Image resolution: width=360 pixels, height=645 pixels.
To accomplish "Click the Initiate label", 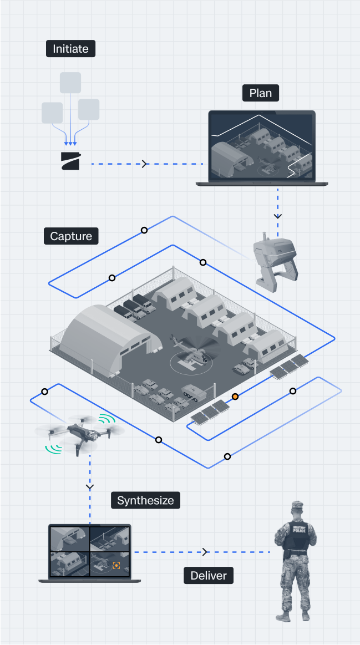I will click(x=70, y=49).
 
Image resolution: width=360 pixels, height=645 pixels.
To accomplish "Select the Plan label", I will click(x=260, y=93).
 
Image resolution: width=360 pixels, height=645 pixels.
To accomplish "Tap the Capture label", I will click(x=71, y=236).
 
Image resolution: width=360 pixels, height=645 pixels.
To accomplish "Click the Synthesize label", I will click(x=145, y=500).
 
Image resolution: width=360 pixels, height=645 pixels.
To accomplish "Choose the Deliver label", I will click(x=209, y=575).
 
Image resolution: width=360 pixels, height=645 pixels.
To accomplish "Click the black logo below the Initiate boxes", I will click(x=70, y=161).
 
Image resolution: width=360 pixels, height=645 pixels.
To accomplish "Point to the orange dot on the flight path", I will click(x=235, y=397).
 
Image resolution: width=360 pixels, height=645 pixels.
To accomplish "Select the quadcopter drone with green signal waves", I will click(x=79, y=433).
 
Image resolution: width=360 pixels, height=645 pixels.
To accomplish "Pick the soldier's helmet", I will click(x=297, y=507).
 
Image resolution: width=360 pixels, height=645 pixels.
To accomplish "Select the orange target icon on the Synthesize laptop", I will click(x=116, y=565).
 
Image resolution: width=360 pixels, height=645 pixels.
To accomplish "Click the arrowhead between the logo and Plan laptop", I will click(x=145, y=164).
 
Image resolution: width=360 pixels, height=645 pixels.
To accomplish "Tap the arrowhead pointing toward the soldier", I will click(x=205, y=552).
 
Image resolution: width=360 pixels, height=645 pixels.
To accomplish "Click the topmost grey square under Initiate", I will click(x=70, y=83).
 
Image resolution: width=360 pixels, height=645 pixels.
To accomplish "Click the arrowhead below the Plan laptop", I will click(x=278, y=215).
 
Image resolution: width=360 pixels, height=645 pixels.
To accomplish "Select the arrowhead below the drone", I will click(x=89, y=487).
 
